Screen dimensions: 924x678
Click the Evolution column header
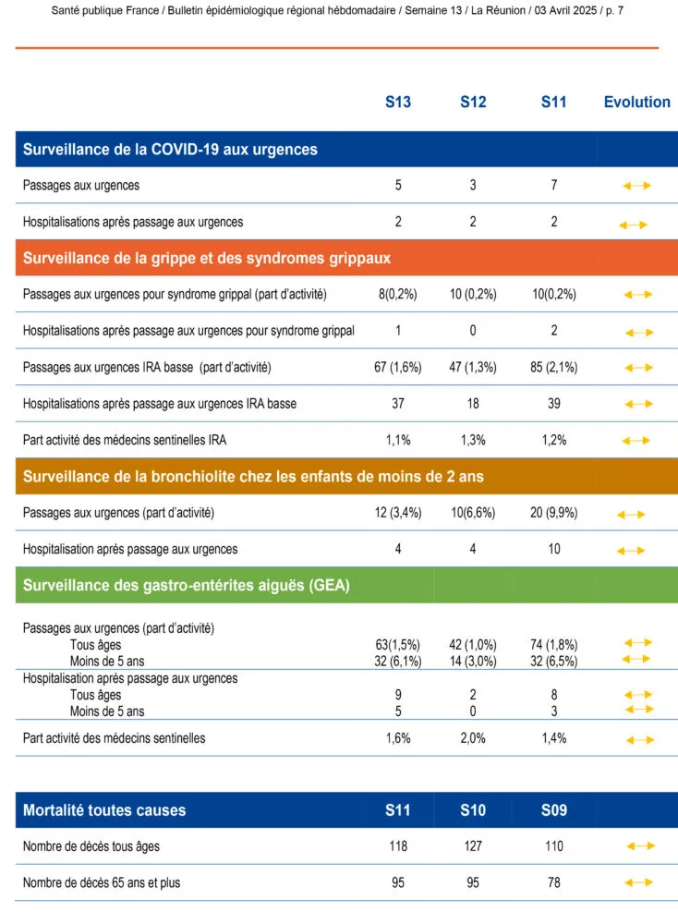(x=636, y=102)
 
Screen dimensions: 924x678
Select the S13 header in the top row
(x=398, y=102)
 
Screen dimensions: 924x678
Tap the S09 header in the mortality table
(x=553, y=810)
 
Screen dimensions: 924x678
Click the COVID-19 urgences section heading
(x=170, y=149)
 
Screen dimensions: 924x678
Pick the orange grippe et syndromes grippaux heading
(x=207, y=258)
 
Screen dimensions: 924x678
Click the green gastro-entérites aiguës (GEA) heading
(x=186, y=585)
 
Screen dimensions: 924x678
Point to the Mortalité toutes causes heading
(x=104, y=810)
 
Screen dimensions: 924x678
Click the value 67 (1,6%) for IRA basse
(x=398, y=367)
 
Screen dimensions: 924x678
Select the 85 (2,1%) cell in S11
(x=553, y=367)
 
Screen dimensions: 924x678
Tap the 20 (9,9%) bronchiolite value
(x=553, y=513)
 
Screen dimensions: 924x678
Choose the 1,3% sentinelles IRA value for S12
(x=473, y=440)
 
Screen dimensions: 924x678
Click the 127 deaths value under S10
(x=473, y=845)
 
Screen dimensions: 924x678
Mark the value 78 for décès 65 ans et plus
(x=553, y=882)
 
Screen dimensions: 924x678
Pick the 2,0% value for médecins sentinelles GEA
(x=473, y=737)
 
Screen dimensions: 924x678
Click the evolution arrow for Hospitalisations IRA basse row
(x=638, y=404)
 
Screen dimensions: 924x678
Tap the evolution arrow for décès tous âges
(x=640, y=845)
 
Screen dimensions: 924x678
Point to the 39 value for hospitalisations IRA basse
(x=553, y=404)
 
